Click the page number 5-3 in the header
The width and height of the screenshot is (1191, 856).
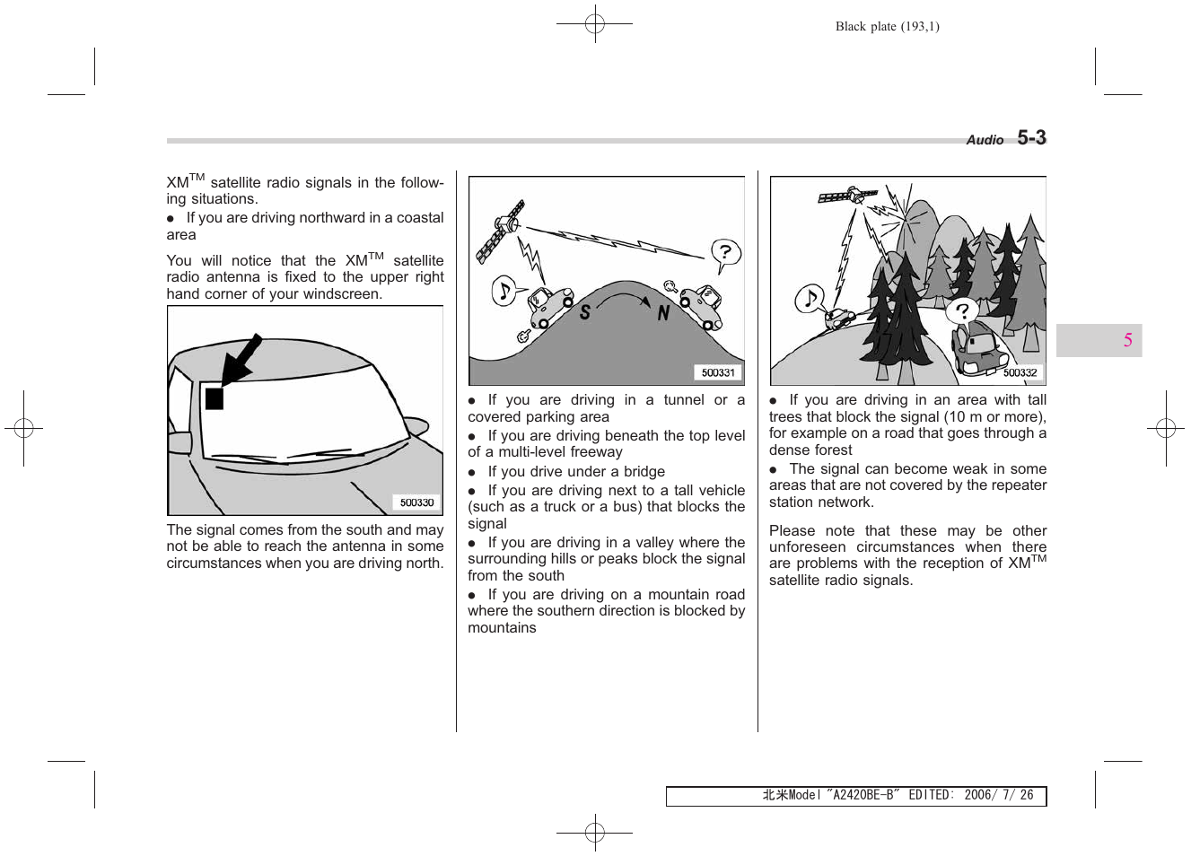point(1031,137)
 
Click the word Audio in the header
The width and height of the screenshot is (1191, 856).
point(985,140)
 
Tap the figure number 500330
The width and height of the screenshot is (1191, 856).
point(416,502)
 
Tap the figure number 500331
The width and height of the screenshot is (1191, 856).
point(718,372)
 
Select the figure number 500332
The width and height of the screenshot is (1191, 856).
point(1020,372)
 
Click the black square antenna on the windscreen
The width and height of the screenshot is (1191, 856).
point(214,397)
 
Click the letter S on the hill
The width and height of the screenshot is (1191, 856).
point(585,312)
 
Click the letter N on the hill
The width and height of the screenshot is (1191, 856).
point(663,312)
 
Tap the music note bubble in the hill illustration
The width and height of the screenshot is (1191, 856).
point(504,291)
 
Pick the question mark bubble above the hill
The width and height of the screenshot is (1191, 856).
point(725,253)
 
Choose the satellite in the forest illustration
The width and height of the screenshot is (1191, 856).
point(847,197)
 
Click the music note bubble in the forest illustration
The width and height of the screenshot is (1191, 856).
point(810,298)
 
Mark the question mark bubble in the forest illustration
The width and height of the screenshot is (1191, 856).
point(962,311)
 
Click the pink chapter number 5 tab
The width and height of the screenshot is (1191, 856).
point(1127,340)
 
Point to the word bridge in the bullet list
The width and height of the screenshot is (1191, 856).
point(644,472)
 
